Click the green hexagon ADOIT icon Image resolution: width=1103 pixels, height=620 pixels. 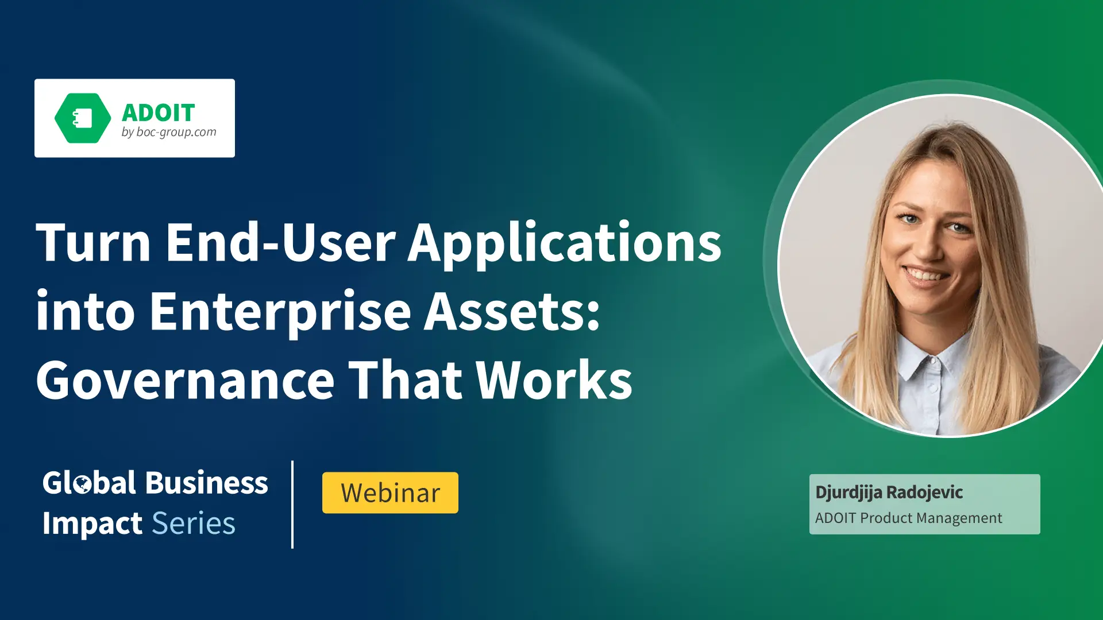coord(83,118)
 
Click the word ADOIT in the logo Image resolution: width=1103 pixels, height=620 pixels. coord(159,113)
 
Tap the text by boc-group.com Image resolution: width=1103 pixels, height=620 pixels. coord(169,133)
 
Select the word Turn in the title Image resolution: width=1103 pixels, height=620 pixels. coord(94,243)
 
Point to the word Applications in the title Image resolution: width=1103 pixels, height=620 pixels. coord(564,246)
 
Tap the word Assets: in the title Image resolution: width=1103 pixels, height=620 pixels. coord(512,312)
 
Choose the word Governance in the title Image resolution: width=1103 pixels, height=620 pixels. coord(186,381)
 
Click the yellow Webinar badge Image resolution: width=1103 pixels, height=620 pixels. coord(390,493)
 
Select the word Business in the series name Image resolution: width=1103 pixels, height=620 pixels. coord(207,482)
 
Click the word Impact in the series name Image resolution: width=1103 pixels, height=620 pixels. coord(92,524)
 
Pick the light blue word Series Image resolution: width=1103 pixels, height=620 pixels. coord(194,524)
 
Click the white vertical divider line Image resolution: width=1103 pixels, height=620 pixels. coord(292,504)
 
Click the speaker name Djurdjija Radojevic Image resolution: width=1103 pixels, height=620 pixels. coord(889,493)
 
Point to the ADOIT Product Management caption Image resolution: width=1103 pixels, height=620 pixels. coord(908,518)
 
